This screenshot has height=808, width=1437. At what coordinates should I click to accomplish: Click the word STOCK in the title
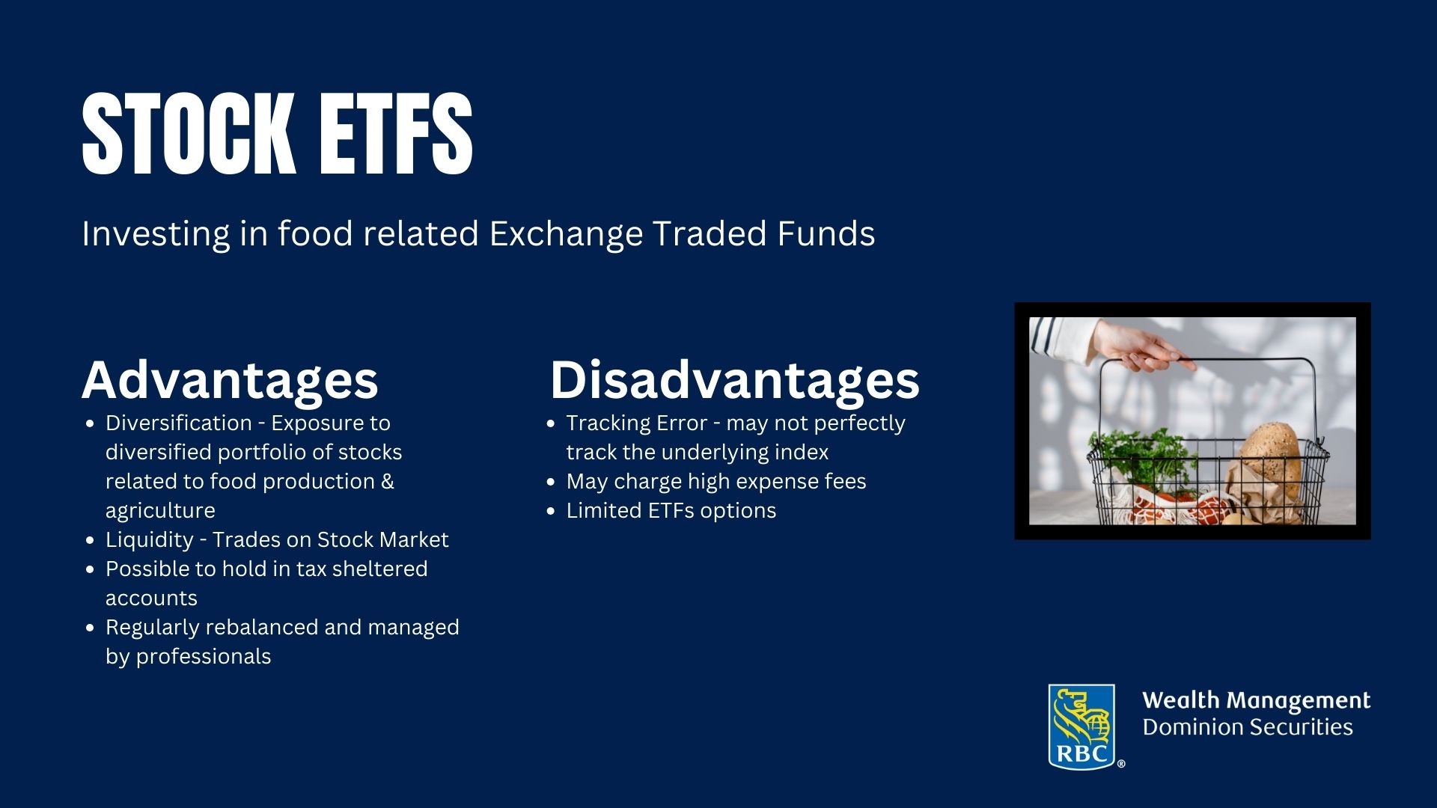tap(187, 135)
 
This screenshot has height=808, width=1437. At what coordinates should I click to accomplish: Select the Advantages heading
tap(230, 380)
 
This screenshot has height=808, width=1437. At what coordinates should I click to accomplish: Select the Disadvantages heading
tap(734, 379)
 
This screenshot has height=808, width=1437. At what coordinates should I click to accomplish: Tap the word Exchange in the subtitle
tap(566, 234)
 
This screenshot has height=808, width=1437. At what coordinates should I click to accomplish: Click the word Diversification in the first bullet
tap(179, 423)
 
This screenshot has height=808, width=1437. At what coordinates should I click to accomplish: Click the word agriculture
tap(160, 511)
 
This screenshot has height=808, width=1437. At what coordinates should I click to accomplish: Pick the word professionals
tap(204, 657)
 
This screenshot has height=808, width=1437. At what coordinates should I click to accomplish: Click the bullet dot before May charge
tap(552, 482)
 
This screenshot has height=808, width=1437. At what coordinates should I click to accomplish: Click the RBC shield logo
tap(1081, 726)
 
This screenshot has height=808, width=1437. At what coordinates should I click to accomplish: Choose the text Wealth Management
tap(1257, 701)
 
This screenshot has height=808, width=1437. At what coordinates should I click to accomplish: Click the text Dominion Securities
tap(1248, 727)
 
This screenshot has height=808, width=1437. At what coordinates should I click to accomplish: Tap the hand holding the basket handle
tap(1138, 346)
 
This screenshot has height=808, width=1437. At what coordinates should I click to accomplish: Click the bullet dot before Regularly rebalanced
tap(91, 628)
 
